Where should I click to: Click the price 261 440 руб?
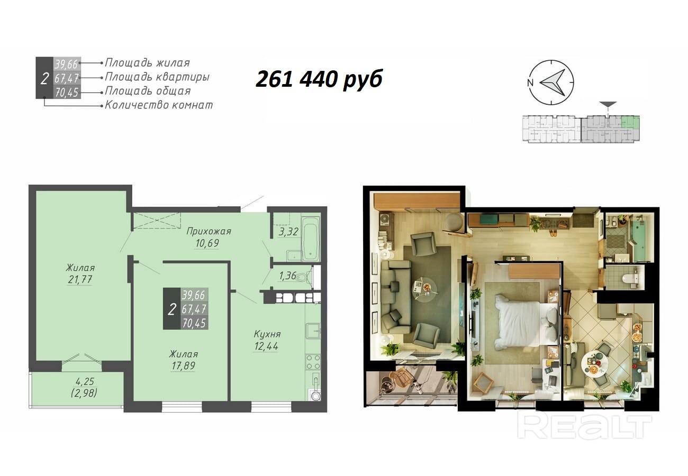(x=319, y=79)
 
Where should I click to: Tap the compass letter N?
(x=530, y=83)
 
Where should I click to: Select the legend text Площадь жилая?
(x=148, y=63)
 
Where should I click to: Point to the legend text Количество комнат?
(x=159, y=105)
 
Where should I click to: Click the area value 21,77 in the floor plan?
(x=80, y=280)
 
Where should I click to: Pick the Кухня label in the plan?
(x=267, y=334)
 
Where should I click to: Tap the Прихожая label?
(x=209, y=231)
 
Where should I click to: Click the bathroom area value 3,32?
(x=288, y=232)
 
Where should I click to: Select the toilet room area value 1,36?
(x=287, y=276)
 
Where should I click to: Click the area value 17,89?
(x=183, y=366)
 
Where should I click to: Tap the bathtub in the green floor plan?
(x=311, y=239)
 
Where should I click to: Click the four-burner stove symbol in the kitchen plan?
(x=313, y=362)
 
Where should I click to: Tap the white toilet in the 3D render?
(x=629, y=278)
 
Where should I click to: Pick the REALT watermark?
(x=584, y=427)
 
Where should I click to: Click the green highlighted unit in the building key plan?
(x=630, y=122)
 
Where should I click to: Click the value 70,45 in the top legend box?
(x=67, y=93)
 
